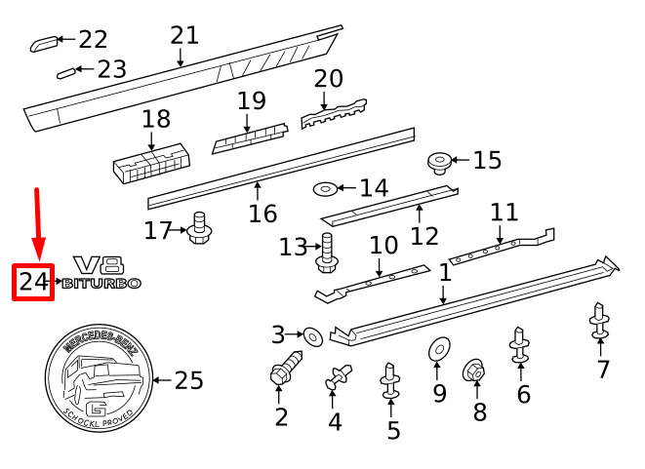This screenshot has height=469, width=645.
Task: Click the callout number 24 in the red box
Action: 32,282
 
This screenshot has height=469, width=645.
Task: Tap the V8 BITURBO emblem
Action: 101,273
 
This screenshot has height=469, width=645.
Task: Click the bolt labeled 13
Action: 326,254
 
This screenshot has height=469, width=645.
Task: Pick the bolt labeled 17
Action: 202,229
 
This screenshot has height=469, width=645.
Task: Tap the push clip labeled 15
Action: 440,162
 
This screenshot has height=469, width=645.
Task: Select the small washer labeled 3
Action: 311,336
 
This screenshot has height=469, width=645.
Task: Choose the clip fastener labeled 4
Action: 338,375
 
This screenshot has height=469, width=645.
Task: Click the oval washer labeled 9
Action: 436,348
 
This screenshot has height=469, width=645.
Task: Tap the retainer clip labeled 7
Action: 598,322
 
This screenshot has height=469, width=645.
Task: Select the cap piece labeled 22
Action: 43,42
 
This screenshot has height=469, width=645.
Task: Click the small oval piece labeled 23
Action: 65,71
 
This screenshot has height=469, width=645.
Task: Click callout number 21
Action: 183,36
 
